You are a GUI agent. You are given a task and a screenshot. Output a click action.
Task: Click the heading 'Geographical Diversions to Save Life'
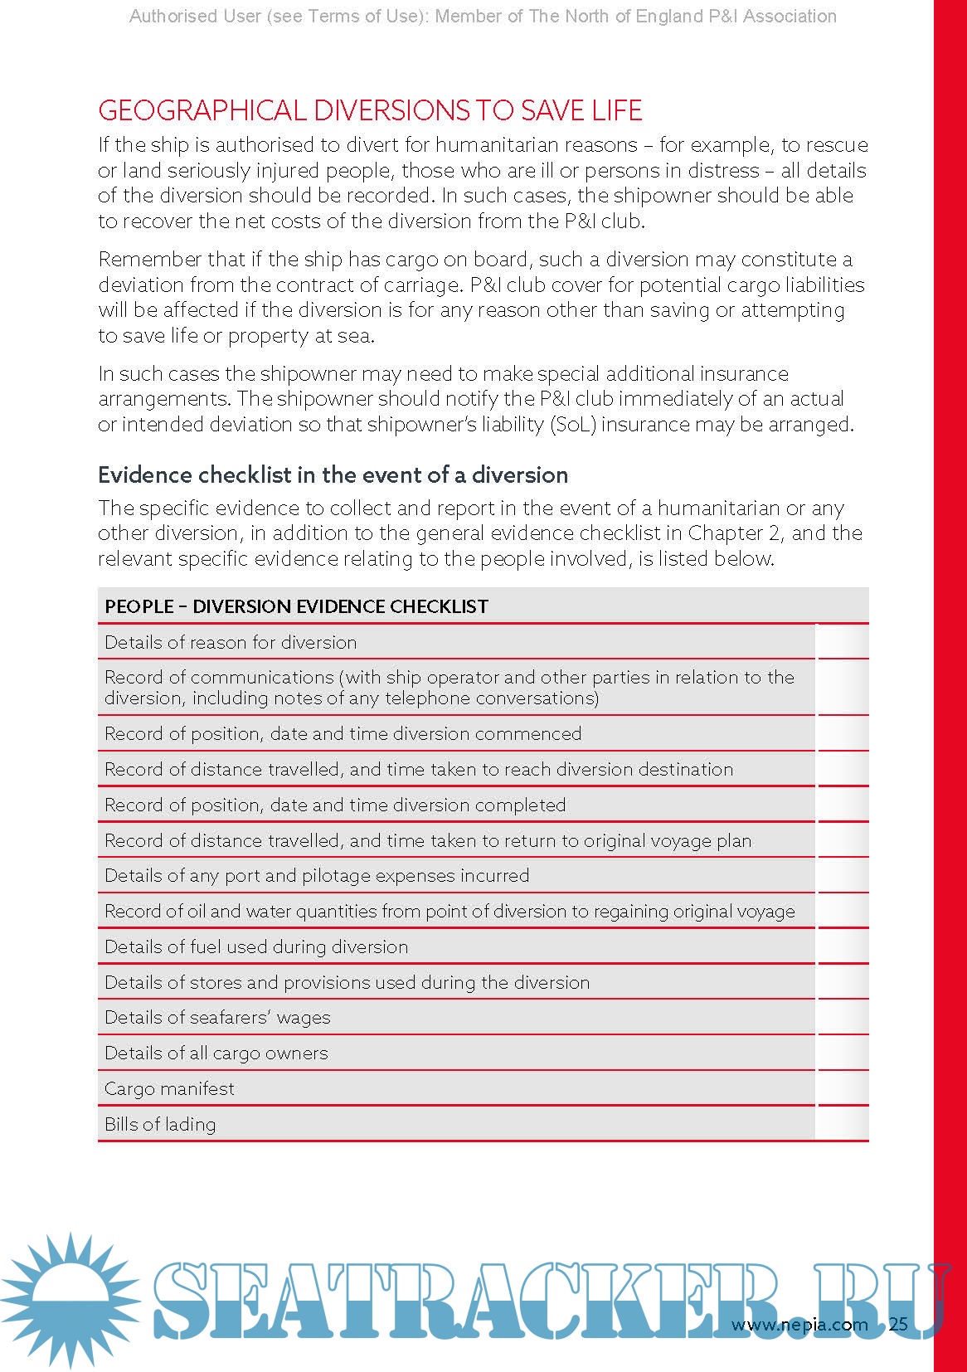coord(370,110)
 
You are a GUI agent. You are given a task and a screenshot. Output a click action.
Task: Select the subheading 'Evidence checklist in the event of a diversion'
coord(333,475)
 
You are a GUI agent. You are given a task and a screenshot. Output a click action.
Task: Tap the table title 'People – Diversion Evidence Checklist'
coord(296,606)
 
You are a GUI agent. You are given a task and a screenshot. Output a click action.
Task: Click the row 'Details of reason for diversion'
coord(231,642)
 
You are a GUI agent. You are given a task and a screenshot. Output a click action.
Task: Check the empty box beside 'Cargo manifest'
coord(843,1088)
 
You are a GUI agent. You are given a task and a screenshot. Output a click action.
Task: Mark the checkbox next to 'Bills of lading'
coord(843,1124)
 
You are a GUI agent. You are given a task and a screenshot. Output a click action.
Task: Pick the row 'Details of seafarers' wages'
coord(217,1018)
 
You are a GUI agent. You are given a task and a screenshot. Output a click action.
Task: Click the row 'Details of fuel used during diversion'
coord(256,946)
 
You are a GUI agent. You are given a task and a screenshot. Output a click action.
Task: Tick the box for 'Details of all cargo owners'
coord(843,1053)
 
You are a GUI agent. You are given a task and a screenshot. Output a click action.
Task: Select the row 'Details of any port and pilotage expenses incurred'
coord(317,875)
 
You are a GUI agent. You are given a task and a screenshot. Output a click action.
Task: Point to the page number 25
coord(898,1324)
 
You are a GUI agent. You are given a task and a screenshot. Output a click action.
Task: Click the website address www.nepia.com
coord(799,1325)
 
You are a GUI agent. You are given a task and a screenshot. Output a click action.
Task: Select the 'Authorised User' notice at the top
coord(483,16)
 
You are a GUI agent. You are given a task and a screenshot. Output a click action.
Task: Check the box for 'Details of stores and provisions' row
coord(843,982)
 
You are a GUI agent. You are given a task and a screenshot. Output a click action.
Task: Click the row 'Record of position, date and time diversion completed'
coord(335,805)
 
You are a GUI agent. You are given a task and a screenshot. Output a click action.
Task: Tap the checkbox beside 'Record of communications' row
coord(843,688)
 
